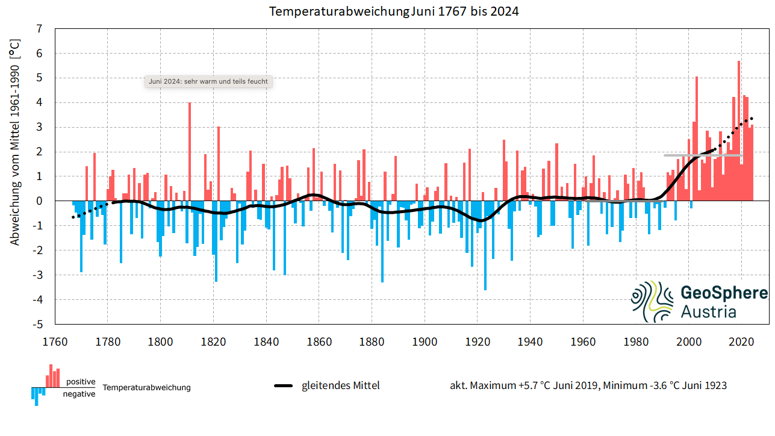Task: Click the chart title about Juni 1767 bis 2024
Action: click(x=394, y=11)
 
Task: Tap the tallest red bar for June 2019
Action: click(x=739, y=132)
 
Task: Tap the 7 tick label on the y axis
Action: click(x=39, y=28)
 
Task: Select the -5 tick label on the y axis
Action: click(x=37, y=324)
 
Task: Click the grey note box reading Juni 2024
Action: click(x=208, y=81)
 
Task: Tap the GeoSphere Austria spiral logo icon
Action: click(x=652, y=301)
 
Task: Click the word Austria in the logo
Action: click(x=708, y=311)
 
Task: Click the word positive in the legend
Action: click(x=81, y=382)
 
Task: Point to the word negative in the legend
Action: click(x=79, y=394)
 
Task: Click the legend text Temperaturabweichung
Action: click(x=146, y=387)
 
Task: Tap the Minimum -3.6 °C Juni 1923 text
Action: click(x=665, y=385)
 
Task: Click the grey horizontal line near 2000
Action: click(x=702, y=155)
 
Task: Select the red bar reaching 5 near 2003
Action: click(x=697, y=139)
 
